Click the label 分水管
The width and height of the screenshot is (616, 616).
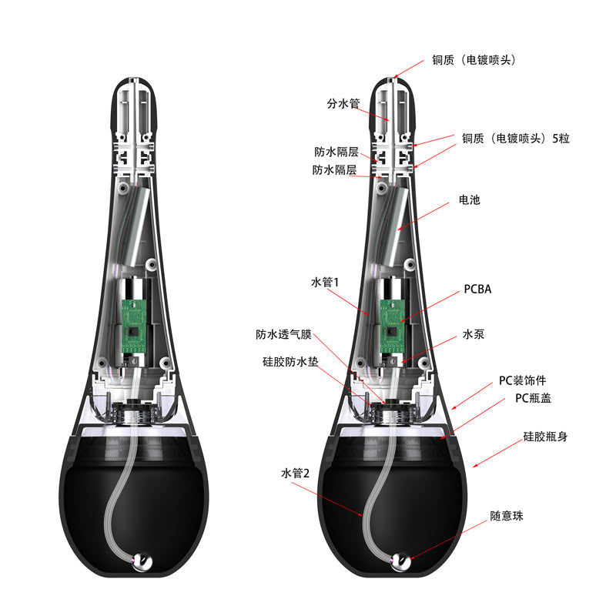click(343, 104)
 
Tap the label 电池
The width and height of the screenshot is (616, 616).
click(470, 200)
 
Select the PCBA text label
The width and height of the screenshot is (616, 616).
click(477, 290)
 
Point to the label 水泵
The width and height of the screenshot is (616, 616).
click(474, 334)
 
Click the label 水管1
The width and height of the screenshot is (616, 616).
click(324, 282)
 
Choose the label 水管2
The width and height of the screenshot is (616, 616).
click(295, 473)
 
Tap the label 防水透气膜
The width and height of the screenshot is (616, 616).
click(283, 334)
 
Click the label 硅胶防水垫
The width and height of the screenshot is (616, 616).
click(290, 361)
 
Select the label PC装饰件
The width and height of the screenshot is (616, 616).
click(523, 380)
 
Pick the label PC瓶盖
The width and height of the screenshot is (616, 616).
click(533, 398)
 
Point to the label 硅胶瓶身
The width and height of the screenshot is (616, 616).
click(545, 437)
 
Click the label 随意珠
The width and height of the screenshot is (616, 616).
click(507, 516)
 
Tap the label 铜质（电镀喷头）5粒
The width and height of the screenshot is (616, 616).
click(515, 139)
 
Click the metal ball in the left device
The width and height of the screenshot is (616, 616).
click(142, 562)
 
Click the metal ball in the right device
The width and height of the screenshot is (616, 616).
click(401, 561)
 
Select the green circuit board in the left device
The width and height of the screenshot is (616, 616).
click(133, 326)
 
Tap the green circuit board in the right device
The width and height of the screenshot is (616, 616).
click(392, 326)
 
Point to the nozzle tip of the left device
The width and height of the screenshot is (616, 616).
click(134, 79)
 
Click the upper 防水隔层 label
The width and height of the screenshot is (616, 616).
click(336, 152)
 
